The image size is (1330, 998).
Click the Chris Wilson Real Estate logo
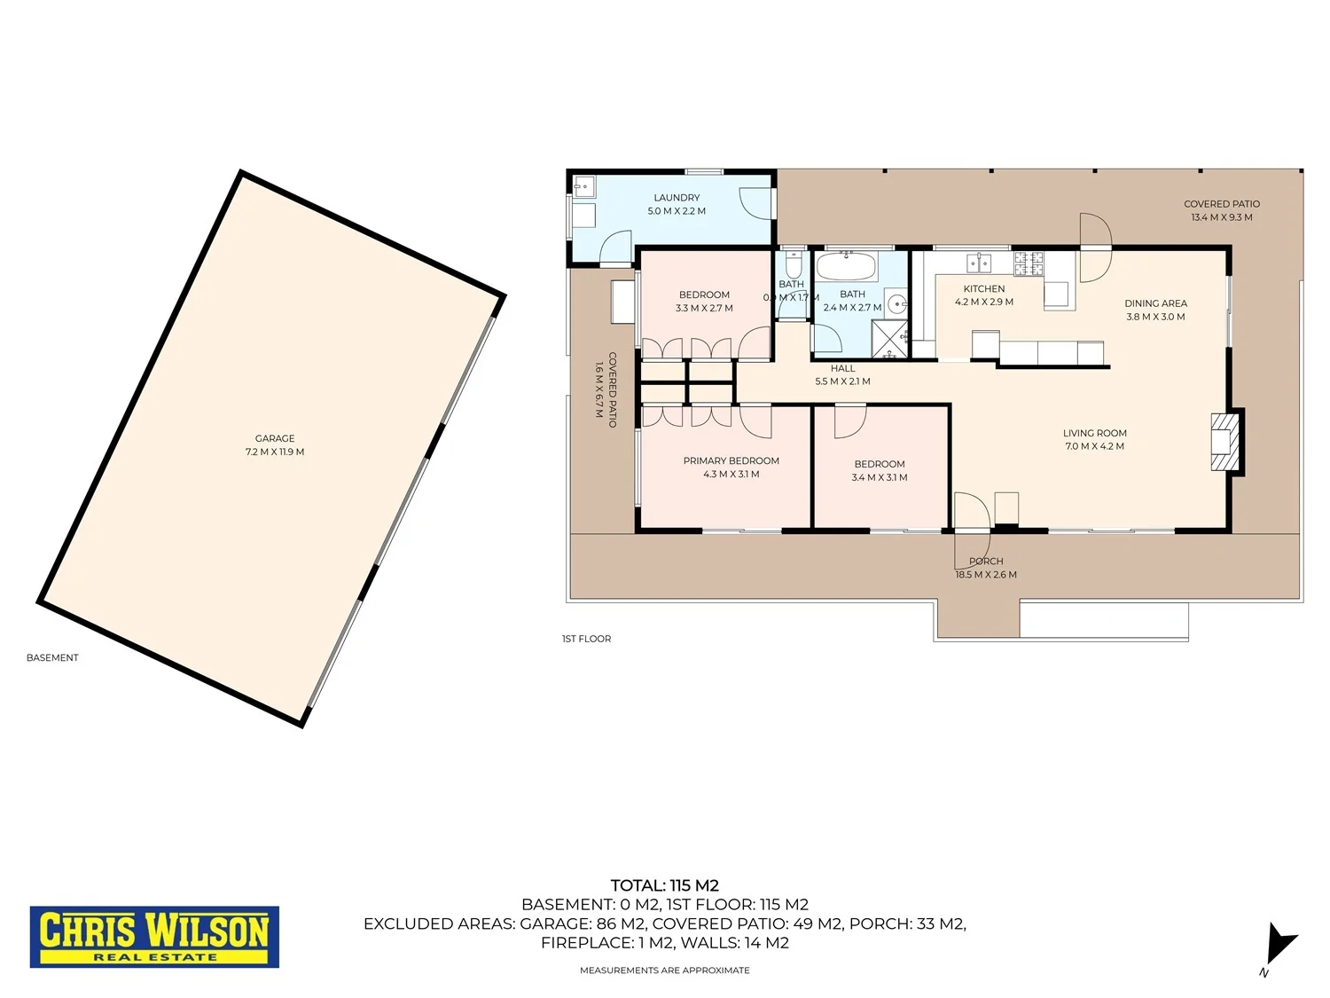point(154,936)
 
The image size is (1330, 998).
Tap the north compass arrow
point(1279,948)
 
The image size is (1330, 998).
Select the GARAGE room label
point(275,438)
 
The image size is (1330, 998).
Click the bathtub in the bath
point(846,266)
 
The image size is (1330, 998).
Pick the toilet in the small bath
point(794,264)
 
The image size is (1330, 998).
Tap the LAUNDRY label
point(677,198)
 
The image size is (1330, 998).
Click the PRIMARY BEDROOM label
point(731,460)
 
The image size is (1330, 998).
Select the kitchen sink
point(979,263)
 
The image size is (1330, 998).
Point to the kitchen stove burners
point(1029,263)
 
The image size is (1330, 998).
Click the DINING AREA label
point(1155,303)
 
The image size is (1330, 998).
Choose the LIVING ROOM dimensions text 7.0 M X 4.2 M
point(1094,446)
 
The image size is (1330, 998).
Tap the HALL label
point(842,368)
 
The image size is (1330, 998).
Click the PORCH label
point(986,562)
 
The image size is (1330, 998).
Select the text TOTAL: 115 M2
point(665,885)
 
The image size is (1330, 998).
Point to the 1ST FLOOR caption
point(586,639)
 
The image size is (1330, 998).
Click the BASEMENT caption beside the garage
point(52,657)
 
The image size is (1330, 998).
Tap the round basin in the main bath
point(896,303)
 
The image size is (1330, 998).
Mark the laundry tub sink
point(584,186)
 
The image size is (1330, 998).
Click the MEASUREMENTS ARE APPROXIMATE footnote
point(665,970)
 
